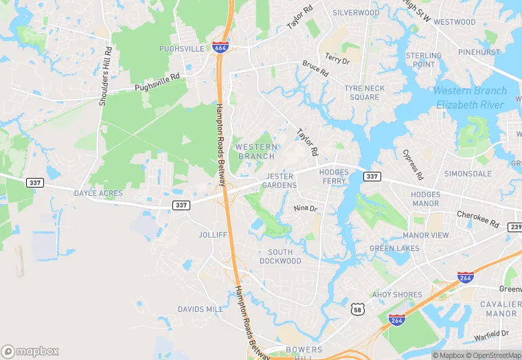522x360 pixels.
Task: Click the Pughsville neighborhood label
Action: pyautogui.click(x=181, y=49)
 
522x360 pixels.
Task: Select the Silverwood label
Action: pyautogui.click(x=356, y=13)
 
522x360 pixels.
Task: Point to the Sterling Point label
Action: pyautogui.click(x=424, y=60)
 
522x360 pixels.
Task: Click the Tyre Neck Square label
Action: pyautogui.click(x=365, y=93)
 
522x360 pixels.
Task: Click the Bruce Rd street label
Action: pyautogui.click(x=315, y=68)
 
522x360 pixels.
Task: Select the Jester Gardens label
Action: pyautogui.click(x=281, y=181)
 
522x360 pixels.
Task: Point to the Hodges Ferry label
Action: pyautogui.click(x=334, y=176)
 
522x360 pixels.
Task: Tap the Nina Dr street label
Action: pyautogui.click(x=306, y=208)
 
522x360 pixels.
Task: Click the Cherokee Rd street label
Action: pyautogui.click(x=477, y=219)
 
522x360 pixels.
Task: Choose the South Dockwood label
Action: pyautogui.click(x=280, y=256)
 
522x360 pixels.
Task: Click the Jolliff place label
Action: pyautogui.click(x=212, y=235)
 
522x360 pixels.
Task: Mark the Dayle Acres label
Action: pyautogui.click(x=98, y=194)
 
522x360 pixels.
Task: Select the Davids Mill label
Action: pyautogui.click(x=201, y=309)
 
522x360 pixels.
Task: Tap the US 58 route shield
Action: pyautogui.click(x=356, y=310)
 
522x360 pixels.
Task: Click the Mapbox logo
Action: pyautogui.click(x=30, y=351)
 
